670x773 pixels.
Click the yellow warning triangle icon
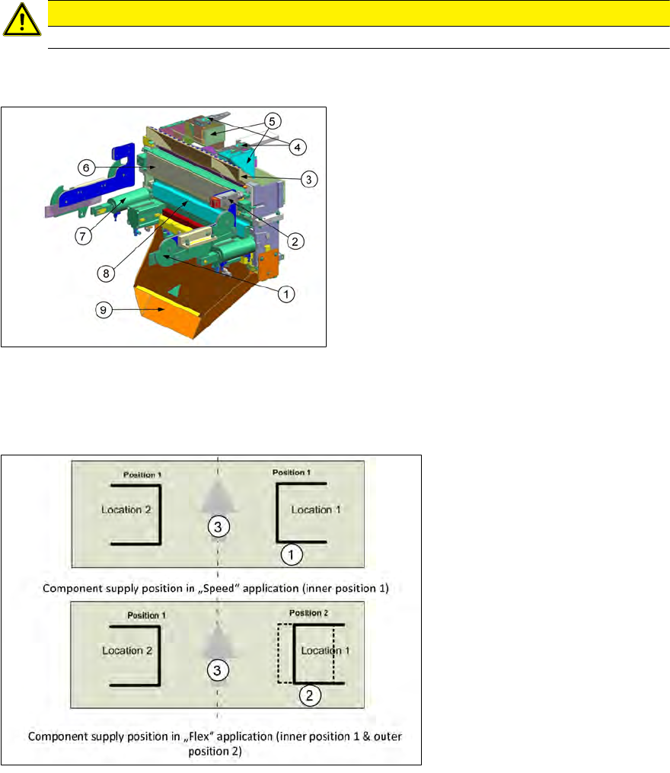[21, 21]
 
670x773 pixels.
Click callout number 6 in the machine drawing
[86, 168]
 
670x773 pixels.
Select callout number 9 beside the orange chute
[104, 310]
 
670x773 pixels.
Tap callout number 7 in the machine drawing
[83, 236]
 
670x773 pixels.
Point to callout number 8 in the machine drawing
[106, 273]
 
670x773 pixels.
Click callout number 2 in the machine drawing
[295, 241]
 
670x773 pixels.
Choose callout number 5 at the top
[272, 121]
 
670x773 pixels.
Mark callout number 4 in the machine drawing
[297, 147]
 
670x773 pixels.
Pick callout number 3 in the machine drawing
[309, 179]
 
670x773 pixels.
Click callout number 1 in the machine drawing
[286, 294]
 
